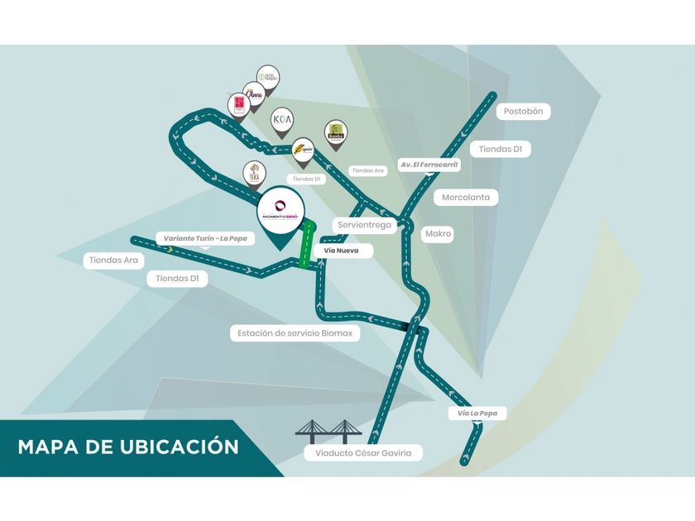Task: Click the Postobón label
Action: [x=524, y=112]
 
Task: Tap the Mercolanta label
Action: [x=465, y=198]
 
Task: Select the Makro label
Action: [x=438, y=234]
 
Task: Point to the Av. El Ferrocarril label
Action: [x=429, y=165]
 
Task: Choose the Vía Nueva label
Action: [x=341, y=250]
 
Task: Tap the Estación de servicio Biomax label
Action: [x=295, y=333]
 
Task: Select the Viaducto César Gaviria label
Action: [x=362, y=453]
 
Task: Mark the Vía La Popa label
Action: [x=477, y=413]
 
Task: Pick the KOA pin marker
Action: [x=282, y=119]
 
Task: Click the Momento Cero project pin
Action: [x=280, y=212]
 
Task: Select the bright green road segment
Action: [x=307, y=245]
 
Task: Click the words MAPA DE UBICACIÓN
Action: [x=128, y=447]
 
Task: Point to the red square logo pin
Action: [x=238, y=105]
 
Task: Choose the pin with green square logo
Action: [x=335, y=131]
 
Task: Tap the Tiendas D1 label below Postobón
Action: [x=500, y=150]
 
